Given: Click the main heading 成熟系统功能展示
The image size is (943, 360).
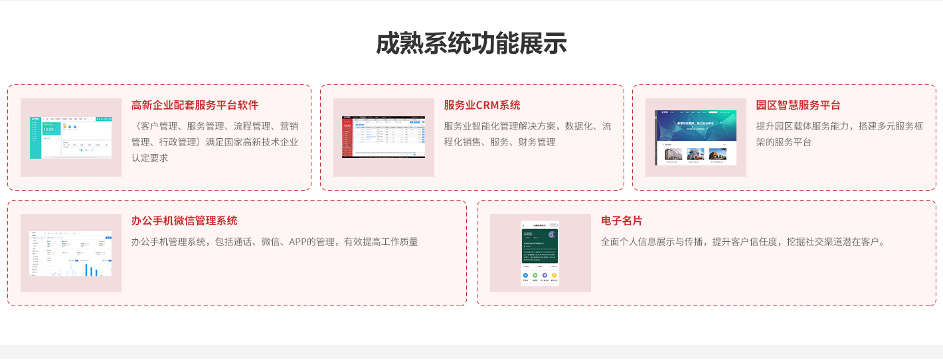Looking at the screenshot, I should pyautogui.click(x=471, y=44).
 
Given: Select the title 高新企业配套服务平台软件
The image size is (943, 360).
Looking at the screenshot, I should pyautogui.click(x=195, y=105).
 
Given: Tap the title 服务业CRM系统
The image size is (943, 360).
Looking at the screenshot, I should pyautogui.click(x=481, y=105).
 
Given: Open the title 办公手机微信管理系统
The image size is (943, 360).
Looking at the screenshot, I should pyautogui.click(x=184, y=221).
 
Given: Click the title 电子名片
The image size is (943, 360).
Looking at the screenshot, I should pyautogui.click(x=622, y=221).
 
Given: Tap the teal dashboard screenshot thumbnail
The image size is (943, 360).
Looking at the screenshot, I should pyautogui.click(x=71, y=137).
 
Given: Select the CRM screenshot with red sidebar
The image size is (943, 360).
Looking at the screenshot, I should pyautogui.click(x=383, y=137).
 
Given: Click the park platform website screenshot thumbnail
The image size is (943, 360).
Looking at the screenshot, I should pyautogui.click(x=695, y=137).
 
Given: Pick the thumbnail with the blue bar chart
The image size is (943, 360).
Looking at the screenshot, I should pyautogui.click(x=71, y=253).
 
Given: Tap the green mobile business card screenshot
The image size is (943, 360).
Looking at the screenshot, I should pyautogui.click(x=540, y=253).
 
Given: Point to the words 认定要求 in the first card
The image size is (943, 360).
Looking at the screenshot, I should pyautogui.click(x=150, y=158).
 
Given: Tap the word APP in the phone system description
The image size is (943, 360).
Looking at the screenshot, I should pyautogui.click(x=298, y=242).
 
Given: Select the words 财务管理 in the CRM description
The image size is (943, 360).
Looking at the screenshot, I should pyautogui.click(x=537, y=142).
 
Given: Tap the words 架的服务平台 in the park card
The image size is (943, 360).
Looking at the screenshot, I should pyautogui.click(x=784, y=142).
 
